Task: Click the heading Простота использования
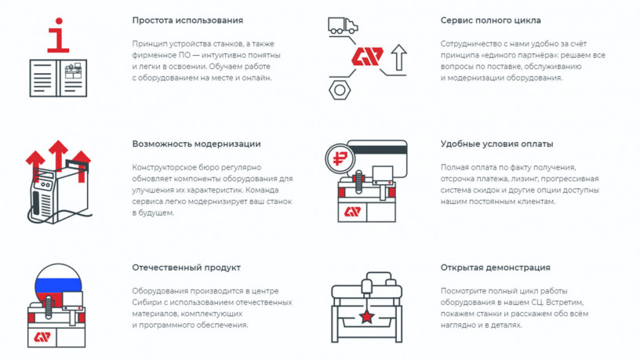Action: (x=187, y=20)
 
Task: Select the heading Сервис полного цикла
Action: (x=491, y=20)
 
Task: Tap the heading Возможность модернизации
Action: (x=196, y=144)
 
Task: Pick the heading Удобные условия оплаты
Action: (x=496, y=144)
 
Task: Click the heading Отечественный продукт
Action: (x=186, y=267)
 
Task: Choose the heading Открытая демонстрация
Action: (x=495, y=267)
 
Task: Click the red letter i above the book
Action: (x=58, y=35)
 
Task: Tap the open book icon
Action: (x=58, y=78)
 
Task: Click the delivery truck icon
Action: (x=343, y=25)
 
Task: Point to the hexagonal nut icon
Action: (x=340, y=90)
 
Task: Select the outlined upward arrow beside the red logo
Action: (x=398, y=56)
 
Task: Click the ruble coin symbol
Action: (x=340, y=158)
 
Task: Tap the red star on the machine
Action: (x=366, y=316)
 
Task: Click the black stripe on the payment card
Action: (x=377, y=150)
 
